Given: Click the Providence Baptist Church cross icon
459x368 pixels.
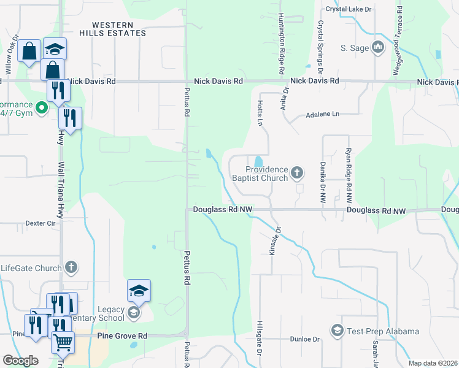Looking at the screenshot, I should tap(297, 173).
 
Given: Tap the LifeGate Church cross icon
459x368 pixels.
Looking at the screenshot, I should tap(71, 267).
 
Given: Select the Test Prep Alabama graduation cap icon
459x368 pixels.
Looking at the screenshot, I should tap(337, 331).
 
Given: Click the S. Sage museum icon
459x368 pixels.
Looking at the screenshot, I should tap(378, 47).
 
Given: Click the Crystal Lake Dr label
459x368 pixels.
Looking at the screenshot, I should tap(349, 9).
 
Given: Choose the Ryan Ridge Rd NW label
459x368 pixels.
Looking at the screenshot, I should tap(348, 177).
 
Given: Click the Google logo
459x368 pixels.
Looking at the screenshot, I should tap(20, 361).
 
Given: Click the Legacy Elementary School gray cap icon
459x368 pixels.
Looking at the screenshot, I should tap(133, 313).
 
